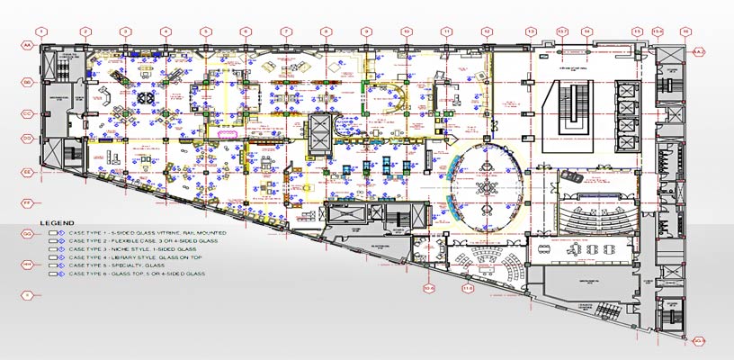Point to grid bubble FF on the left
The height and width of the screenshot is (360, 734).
[27, 202]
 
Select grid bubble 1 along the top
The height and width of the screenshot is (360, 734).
[44, 31]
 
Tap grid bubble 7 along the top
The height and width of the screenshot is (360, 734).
[285, 31]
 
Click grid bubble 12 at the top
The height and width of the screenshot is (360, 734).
[486, 31]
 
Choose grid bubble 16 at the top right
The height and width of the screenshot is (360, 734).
[685, 31]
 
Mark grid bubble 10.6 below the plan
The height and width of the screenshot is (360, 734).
[429, 289]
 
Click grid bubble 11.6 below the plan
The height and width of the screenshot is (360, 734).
[468, 289]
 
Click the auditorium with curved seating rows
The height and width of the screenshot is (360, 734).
[589, 211]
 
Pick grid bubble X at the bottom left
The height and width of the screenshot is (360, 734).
[27, 294]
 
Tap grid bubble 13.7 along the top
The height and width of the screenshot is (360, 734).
[563, 31]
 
